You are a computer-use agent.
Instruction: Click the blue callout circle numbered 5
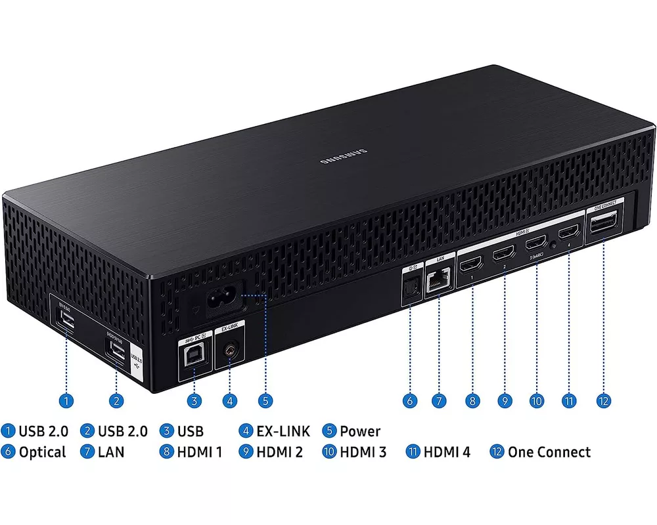coord(265,400)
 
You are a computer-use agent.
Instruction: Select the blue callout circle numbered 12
coord(604,400)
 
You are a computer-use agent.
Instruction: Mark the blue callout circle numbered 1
coord(66,400)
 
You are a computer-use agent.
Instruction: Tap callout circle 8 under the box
coord(472,400)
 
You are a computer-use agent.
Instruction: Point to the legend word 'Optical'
coord(42,451)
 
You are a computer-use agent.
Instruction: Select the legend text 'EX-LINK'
coord(283,431)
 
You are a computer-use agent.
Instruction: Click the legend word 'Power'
coord(360,431)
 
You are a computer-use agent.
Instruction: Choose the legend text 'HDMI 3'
coord(363,451)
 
